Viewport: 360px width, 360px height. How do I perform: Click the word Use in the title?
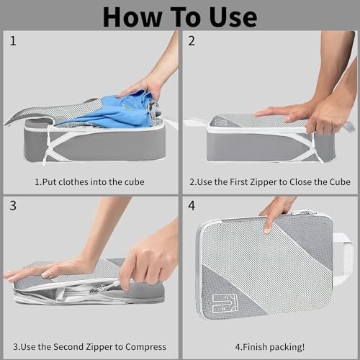(233, 17)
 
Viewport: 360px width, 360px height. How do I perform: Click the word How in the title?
(132, 17)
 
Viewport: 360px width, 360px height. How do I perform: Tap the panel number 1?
(13, 41)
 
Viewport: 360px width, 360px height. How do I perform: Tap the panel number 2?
(192, 41)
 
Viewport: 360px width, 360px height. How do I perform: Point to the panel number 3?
(13, 206)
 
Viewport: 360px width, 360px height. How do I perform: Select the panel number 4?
(192, 206)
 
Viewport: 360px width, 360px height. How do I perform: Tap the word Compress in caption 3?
(145, 348)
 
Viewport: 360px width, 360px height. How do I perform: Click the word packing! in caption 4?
(287, 348)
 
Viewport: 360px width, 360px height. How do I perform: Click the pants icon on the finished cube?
(225, 304)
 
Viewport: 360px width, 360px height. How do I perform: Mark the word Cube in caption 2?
(340, 182)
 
